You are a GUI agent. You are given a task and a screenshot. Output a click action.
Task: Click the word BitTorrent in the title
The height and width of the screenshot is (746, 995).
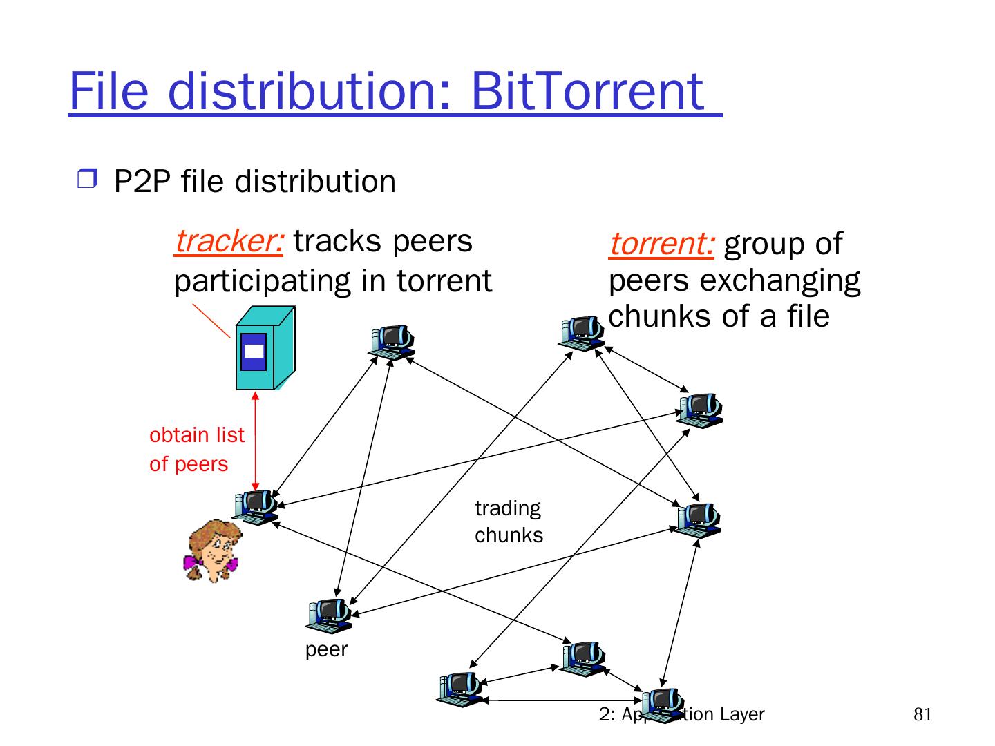click(587, 91)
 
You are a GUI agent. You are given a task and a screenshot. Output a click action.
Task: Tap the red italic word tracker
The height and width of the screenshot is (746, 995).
click(228, 242)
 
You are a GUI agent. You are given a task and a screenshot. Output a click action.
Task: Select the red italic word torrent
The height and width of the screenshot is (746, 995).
click(661, 244)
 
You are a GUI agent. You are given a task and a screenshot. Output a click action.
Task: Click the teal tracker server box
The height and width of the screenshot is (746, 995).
click(264, 350)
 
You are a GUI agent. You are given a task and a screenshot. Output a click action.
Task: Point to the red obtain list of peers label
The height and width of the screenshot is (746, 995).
click(196, 449)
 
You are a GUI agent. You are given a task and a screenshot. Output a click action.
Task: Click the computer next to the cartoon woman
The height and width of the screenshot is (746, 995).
click(256, 507)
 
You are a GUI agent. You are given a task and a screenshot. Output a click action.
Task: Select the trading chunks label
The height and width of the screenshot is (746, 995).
click(509, 522)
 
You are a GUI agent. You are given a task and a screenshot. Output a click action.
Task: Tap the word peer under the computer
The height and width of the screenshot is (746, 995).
click(326, 650)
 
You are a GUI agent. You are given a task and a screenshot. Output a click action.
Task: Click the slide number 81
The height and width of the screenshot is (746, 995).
click(922, 714)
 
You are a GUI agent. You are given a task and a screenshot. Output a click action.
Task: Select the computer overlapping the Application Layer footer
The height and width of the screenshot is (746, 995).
click(662, 705)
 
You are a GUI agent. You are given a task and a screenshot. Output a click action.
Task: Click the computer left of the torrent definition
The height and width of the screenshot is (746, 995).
click(582, 334)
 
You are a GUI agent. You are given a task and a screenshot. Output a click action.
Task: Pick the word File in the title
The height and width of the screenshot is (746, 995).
click(109, 91)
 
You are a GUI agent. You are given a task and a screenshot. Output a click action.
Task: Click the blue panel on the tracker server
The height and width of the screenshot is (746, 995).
click(253, 351)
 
